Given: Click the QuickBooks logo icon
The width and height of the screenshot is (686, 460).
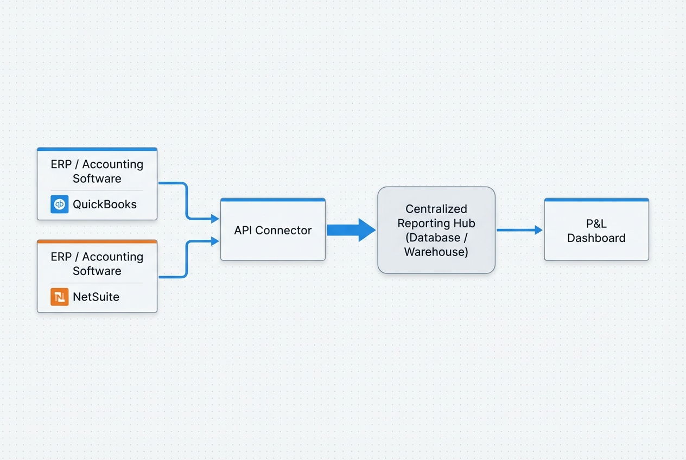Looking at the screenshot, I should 60,204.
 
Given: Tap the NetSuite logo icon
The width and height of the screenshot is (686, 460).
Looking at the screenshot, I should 60,297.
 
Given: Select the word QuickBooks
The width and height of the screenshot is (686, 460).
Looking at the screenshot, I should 105,205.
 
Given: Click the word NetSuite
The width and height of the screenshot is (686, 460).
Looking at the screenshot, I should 96,297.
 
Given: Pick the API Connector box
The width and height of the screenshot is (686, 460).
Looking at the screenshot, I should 272,239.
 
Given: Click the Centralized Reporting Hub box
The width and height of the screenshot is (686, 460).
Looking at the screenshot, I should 436,260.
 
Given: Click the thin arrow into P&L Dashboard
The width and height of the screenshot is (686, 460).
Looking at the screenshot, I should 519,230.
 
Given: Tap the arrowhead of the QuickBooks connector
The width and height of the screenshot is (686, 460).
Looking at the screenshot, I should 215,219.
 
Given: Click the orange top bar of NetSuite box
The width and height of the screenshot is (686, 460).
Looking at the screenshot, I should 97,241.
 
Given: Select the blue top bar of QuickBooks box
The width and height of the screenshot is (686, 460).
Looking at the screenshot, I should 97,149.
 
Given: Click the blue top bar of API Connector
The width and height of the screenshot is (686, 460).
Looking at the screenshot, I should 272,200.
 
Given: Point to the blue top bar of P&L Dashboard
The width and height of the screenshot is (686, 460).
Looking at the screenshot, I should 596,200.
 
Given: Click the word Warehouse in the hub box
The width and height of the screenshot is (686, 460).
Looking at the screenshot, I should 436,252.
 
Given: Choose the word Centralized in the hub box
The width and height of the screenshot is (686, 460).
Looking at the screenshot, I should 436,209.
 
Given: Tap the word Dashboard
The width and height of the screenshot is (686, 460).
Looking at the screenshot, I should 596,238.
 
